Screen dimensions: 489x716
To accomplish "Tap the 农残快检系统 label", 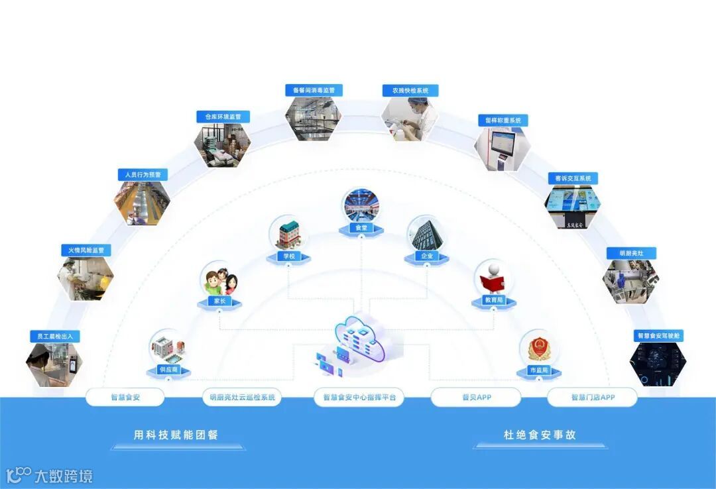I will [410, 90].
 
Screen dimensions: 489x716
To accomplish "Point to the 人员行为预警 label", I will [143, 175].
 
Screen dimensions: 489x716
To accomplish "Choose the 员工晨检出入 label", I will [54, 336].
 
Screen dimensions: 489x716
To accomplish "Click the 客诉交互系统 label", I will [573, 178].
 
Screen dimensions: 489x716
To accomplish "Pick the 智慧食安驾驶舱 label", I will [659, 336].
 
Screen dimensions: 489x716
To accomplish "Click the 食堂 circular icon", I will [361, 205].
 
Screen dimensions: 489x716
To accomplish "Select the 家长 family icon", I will [221, 282].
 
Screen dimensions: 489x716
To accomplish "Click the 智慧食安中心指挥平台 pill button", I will [359, 398].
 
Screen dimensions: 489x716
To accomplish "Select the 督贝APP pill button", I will [475, 398].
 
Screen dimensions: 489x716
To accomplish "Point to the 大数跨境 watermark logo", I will [50, 475].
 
